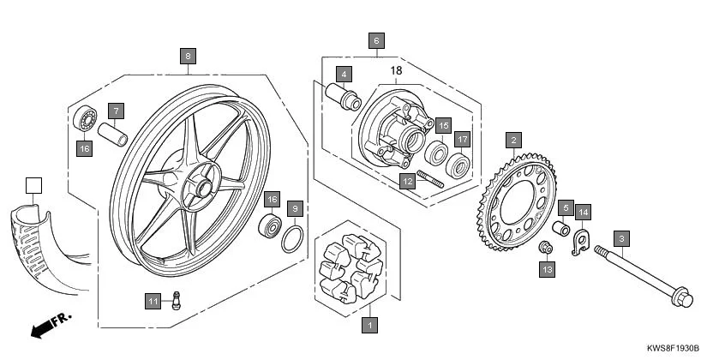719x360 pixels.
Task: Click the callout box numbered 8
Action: point(189,56)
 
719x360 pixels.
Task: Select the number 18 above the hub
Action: point(396,70)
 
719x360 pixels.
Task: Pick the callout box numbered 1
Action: point(369,325)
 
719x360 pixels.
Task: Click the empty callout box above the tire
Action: point(33,185)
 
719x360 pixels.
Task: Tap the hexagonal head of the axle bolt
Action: point(681,300)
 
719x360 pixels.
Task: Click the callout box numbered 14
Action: point(583,212)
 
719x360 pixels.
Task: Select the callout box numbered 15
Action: point(442,126)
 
